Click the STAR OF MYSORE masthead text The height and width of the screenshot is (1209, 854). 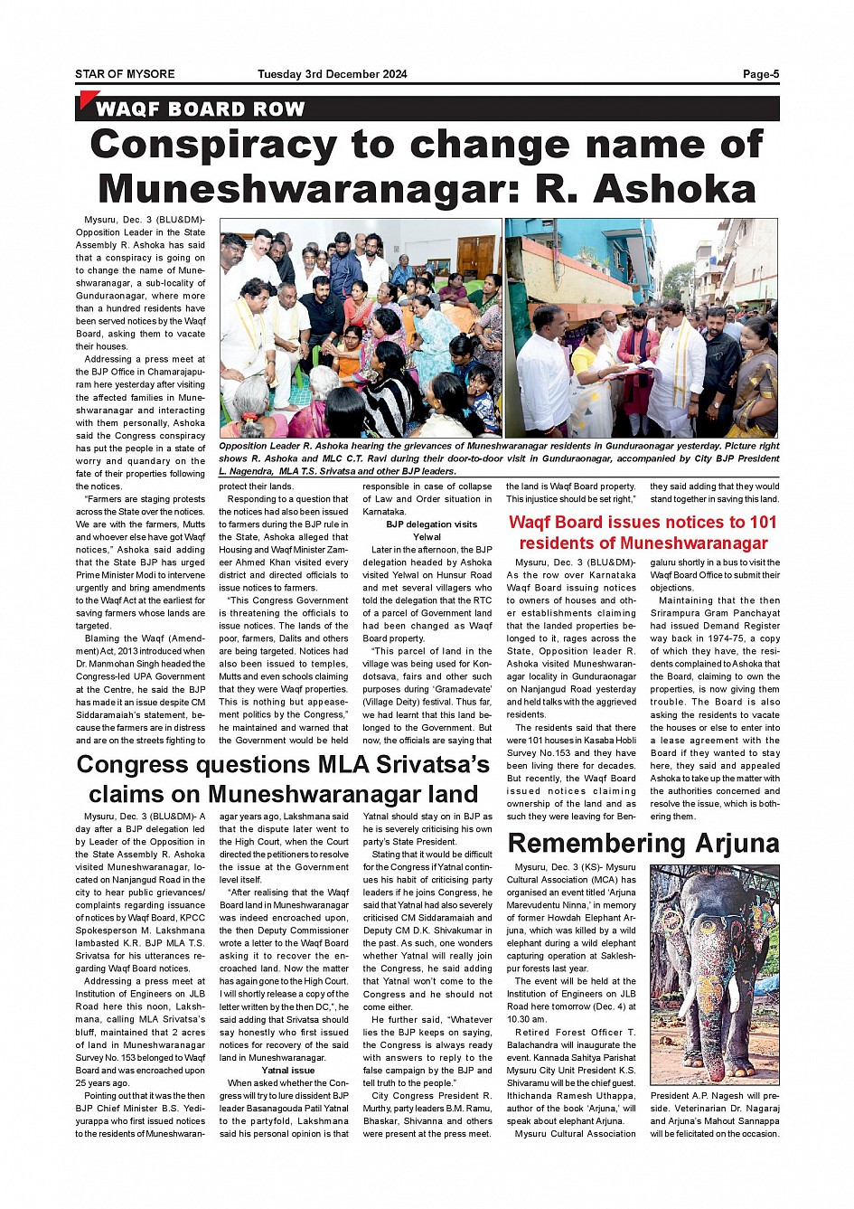pyautogui.click(x=125, y=74)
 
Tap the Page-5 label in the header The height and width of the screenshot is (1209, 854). pyautogui.click(x=761, y=74)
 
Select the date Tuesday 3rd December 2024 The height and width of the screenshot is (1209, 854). pyautogui.click(x=332, y=74)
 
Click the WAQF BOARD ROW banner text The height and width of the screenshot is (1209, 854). pyautogui.click(x=200, y=109)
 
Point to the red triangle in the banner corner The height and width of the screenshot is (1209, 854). pyautogui.click(x=87, y=99)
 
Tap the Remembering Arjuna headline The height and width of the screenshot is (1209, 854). pyautogui.click(x=643, y=844)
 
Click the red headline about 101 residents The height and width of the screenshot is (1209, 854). pyautogui.click(x=643, y=533)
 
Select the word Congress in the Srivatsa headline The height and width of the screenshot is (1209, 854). pyautogui.click(x=132, y=765)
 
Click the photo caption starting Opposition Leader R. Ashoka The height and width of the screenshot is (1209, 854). pyautogui.click(x=499, y=458)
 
